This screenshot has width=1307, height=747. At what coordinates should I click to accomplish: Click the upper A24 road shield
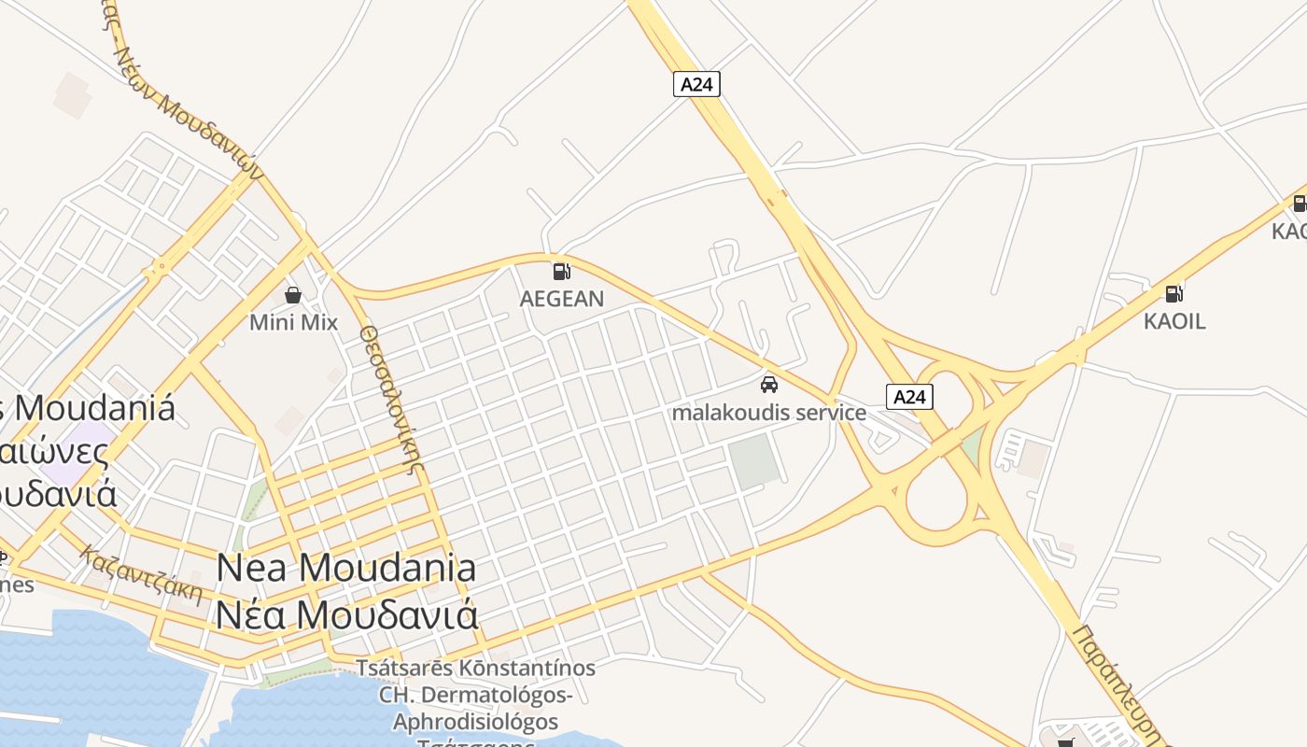pos(696,84)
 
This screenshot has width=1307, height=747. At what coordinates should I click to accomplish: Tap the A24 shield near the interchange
pos(908,397)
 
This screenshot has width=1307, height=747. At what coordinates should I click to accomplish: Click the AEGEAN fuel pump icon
pos(561,272)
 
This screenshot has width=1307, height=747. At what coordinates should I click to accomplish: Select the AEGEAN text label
pos(561,299)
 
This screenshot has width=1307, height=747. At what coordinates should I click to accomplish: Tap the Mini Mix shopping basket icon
pos(293,295)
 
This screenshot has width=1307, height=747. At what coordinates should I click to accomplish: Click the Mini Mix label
pos(293,322)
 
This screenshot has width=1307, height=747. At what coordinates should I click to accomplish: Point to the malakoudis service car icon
pos(769,384)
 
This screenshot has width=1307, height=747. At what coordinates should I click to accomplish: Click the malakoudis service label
pos(769,412)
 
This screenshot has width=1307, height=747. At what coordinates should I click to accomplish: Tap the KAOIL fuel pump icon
pos(1174,293)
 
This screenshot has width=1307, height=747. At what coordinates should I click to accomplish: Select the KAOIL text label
pos(1174,321)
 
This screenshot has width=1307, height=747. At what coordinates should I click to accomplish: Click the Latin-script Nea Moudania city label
pos(346,568)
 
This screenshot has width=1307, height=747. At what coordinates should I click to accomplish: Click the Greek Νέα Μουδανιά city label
pos(346,614)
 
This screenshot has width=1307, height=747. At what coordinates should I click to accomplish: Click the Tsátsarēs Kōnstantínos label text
pos(476,669)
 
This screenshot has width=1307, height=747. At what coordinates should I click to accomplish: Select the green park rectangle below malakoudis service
pos(754,459)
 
